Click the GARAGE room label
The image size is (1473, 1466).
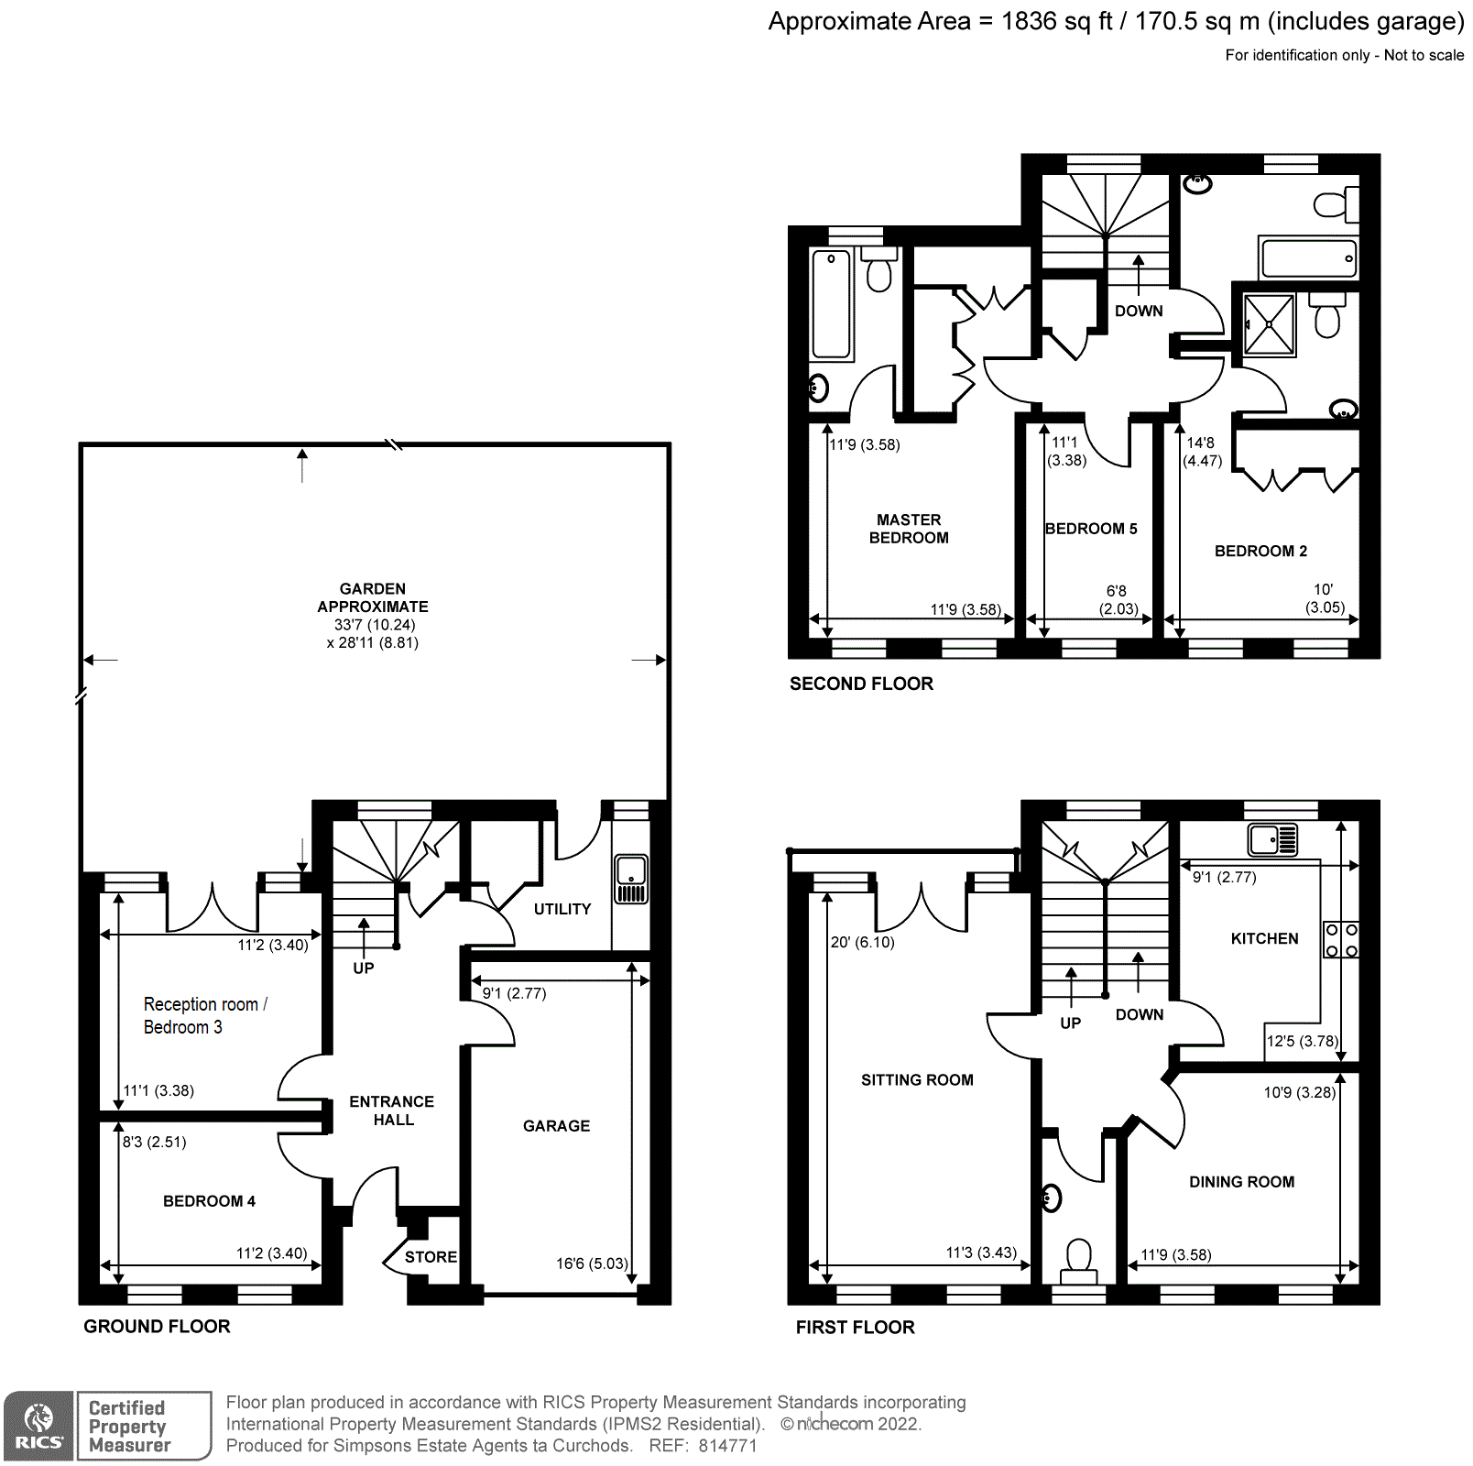pos(556,1126)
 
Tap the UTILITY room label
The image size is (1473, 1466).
pos(562,909)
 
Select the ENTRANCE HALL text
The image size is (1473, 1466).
pos(392,1110)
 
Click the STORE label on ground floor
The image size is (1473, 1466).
pos(431,1257)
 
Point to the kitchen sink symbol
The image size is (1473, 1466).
pos(1272,839)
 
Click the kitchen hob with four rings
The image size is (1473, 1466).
pos(1341,940)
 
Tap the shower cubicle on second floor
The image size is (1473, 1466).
pos(1270,324)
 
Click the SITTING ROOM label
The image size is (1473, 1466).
pos(917,1080)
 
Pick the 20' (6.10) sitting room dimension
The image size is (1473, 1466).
pos(862,942)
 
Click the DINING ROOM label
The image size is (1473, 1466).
pos(1241,1182)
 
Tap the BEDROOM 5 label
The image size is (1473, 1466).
pos(1091,529)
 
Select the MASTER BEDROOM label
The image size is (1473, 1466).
pos(909,529)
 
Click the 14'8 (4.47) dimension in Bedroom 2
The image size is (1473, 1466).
pos(1202,452)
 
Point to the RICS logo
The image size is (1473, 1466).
pos(38,1426)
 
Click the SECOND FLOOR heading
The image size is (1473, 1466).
pos(861,684)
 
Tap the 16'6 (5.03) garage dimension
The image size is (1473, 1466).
pos(592,1264)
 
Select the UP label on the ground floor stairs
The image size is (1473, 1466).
pos(363,968)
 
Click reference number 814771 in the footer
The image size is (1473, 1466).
pos(727,1446)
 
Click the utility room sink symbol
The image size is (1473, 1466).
pos(631,879)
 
